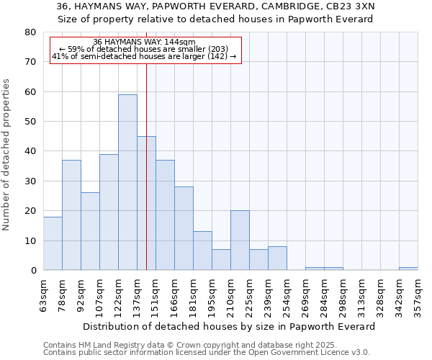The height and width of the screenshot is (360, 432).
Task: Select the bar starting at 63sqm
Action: (53, 243)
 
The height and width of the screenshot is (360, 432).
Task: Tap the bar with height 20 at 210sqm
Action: (240, 240)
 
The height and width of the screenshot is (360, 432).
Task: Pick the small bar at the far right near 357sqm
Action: (408, 269)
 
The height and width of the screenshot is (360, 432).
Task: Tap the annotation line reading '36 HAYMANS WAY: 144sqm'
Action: (144, 42)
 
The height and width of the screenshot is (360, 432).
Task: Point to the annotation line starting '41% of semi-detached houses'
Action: (144, 56)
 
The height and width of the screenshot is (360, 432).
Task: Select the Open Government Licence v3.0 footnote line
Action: (207, 352)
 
